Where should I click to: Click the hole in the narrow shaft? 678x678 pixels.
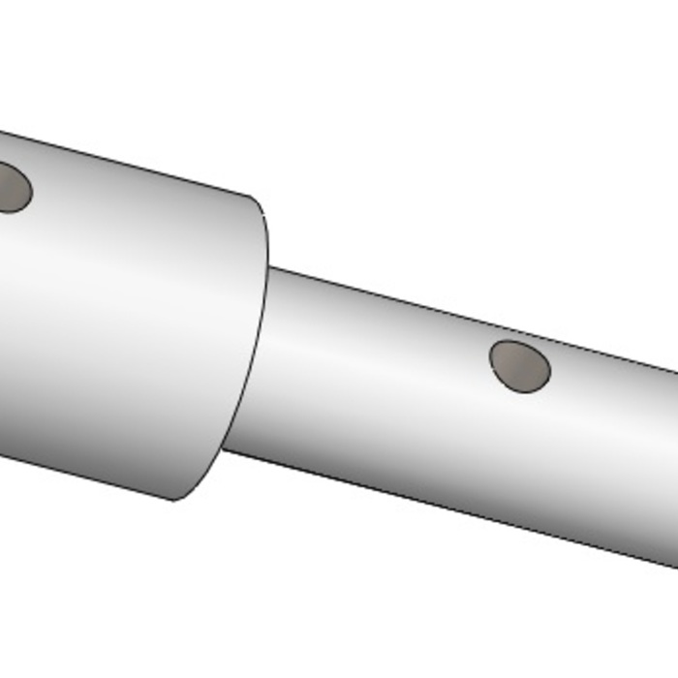520,366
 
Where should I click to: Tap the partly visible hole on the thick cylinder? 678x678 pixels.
10,188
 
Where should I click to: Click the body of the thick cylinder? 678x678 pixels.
126,320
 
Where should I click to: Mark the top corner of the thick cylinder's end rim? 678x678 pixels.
254,198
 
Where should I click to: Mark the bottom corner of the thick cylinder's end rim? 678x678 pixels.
175,500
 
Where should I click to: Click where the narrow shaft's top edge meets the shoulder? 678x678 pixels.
268,267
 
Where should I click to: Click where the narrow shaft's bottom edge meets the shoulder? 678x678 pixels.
224,449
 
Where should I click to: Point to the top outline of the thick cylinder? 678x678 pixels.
126,165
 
